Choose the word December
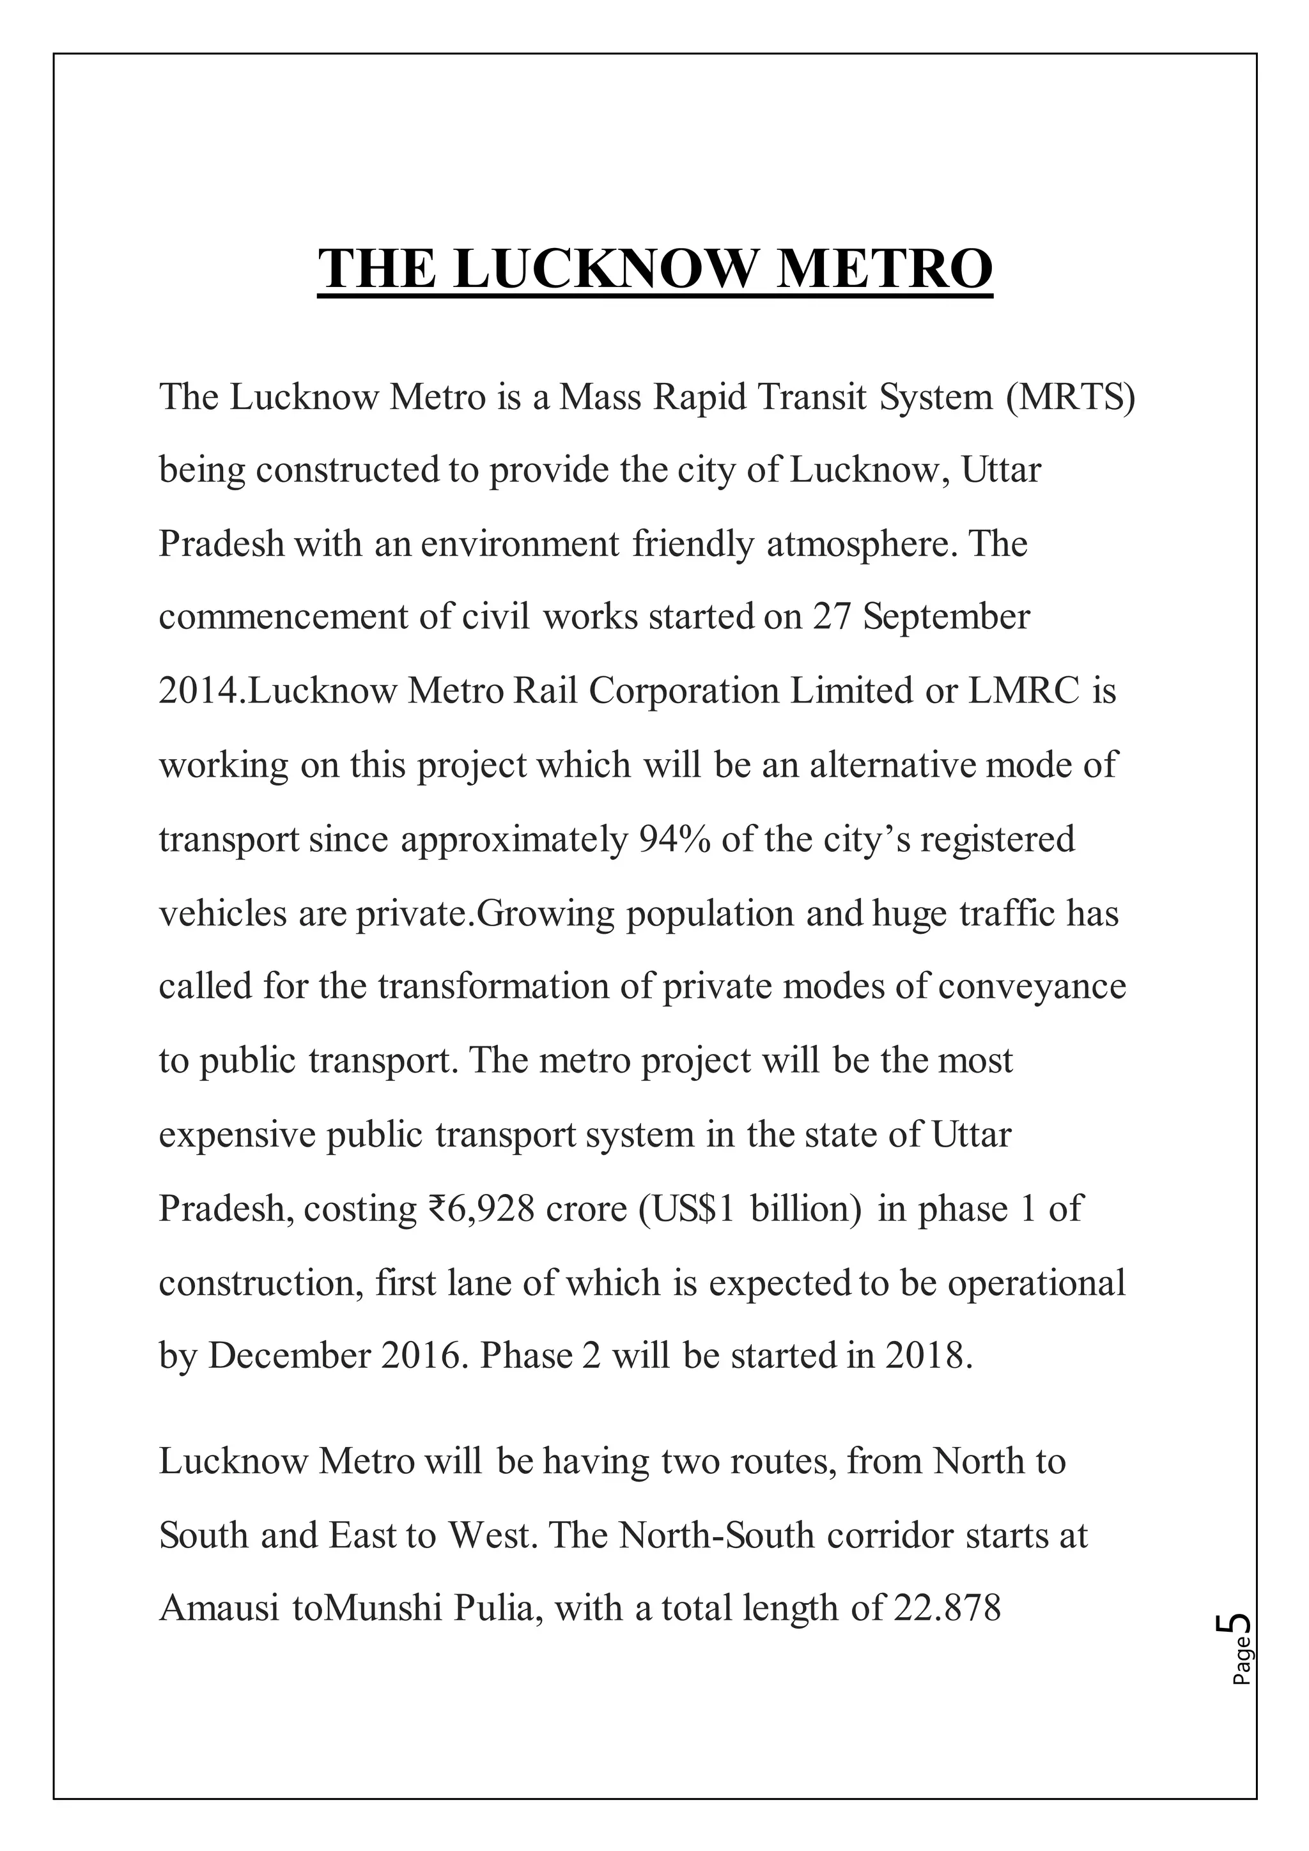pos(290,1357)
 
